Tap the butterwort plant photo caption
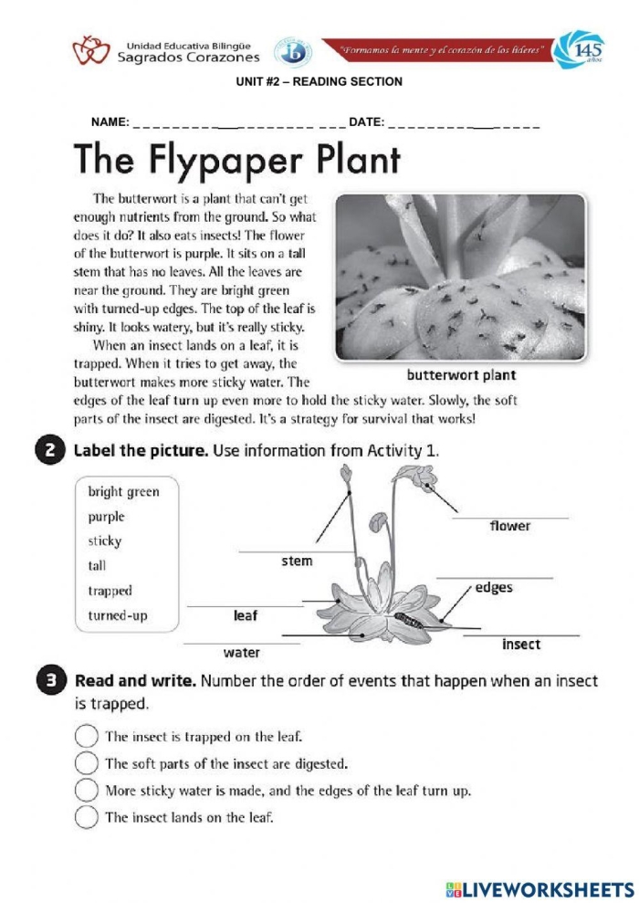461,375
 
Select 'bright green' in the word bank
123,492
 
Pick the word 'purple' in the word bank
106,517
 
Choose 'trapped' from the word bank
110,591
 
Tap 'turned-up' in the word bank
117,615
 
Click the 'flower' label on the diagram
509,526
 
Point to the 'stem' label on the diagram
297,561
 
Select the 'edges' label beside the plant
494,588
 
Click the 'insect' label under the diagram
521,645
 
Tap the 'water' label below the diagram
241,653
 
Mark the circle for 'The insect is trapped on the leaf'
86,735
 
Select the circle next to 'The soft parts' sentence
86,762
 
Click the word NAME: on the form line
110,122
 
